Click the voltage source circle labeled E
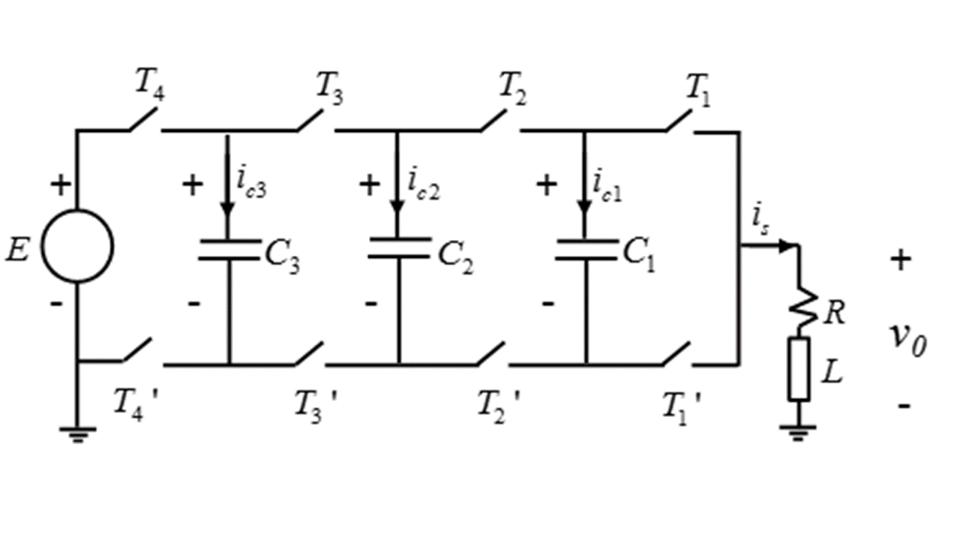(77, 210)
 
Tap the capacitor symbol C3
(229, 250)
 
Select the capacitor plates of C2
(399, 247)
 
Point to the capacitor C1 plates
(586, 250)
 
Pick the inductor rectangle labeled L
(799, 370)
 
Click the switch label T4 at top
(149, 85)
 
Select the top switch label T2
(512, 88)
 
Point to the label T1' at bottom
(682, 409)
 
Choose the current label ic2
(424, 184)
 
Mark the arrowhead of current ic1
(584, 206)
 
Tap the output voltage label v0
(907, 341)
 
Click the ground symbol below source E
(77, 434)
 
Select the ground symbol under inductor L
(797, 433)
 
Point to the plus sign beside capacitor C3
(193, 184)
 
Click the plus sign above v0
(901, 259)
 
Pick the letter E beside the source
(17, 250)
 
